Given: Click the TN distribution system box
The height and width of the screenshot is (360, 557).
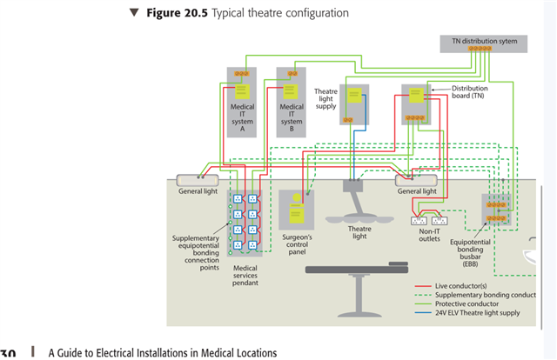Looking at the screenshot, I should coord(479,41).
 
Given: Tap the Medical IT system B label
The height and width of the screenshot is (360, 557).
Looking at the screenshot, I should coord(292,117).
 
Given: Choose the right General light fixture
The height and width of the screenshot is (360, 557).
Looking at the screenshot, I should coord(417,181).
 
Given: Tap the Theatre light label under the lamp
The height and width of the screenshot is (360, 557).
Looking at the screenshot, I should coord(359,232).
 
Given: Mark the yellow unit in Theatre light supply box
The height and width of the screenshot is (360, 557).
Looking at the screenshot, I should coord(354,97).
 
